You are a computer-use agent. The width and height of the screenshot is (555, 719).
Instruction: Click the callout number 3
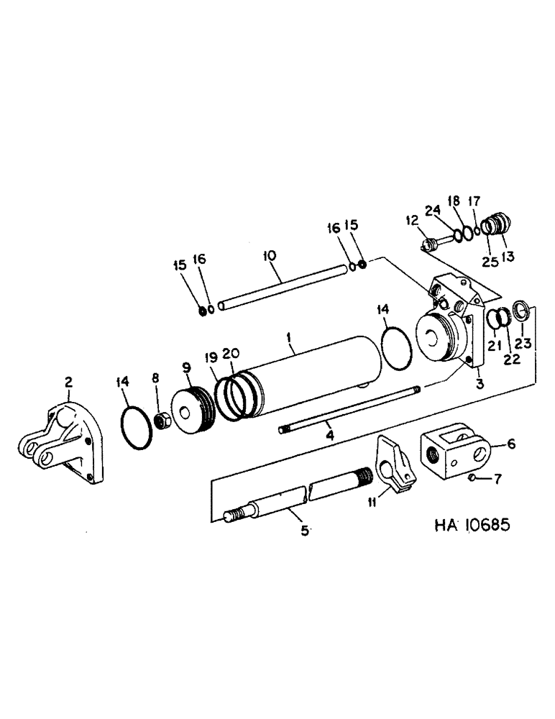point(480,385)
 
